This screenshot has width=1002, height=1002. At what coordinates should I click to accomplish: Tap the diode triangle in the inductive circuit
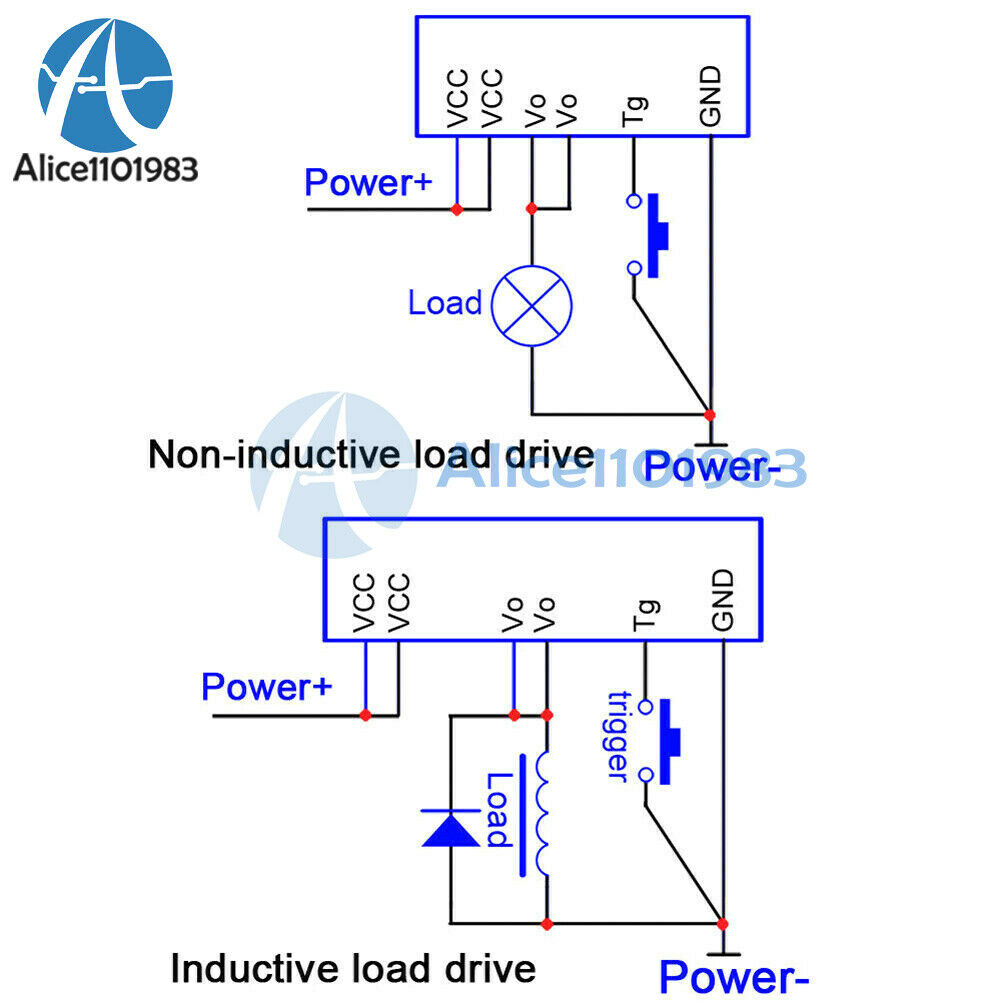[x=451, y=829]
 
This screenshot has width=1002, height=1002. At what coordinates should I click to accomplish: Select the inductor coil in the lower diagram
[x=542, y=814]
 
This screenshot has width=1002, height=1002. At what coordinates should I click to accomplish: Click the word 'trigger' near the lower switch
[x=618, y=736]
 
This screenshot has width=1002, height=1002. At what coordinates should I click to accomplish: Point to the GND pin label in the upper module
[x=711, y=96]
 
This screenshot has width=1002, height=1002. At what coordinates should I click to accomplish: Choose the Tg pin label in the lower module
[x=645, y=615]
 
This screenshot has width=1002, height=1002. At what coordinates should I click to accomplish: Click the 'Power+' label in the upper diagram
[x=368, y=183]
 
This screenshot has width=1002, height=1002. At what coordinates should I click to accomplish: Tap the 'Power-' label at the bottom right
[x=734, y=976]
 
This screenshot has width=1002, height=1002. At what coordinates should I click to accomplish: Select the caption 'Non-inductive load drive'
[x=371, y=454]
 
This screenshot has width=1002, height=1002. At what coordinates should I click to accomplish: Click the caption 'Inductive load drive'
[x=353, y=968]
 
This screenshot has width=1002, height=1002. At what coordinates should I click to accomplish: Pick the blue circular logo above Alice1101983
[x=105, y=84]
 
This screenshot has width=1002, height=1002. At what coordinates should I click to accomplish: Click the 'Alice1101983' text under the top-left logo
[x=105, y=169]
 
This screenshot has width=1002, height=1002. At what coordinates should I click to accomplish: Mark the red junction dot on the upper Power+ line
[x=457, y=209]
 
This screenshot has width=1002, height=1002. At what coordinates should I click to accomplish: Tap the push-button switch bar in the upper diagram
[x=658, y=236]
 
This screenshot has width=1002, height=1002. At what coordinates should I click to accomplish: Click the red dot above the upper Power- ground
[x=709, y=415]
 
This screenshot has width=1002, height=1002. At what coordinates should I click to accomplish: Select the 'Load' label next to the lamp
[x=445, y=303]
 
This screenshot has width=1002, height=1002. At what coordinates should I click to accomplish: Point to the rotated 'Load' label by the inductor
[x=500, y=810]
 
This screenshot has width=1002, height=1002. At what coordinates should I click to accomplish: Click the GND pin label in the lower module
[x=723, y=600]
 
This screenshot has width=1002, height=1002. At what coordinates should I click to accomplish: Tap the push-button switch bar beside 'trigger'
[x=669, y=741]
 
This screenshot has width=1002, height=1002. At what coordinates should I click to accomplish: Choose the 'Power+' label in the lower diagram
[x=266, y=687]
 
